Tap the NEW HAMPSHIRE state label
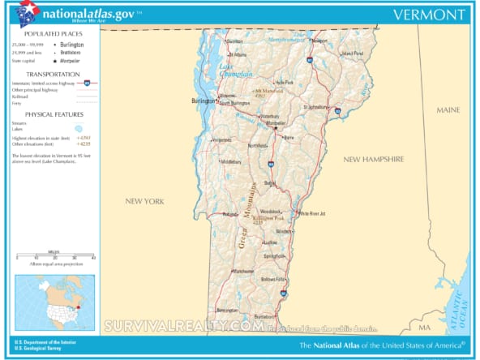373,160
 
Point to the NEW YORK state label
144,200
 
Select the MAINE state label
448,109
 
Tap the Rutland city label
229,214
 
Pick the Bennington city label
227,311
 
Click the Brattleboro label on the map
265,315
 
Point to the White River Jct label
312,214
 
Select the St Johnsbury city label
314,106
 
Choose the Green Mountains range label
246,215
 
